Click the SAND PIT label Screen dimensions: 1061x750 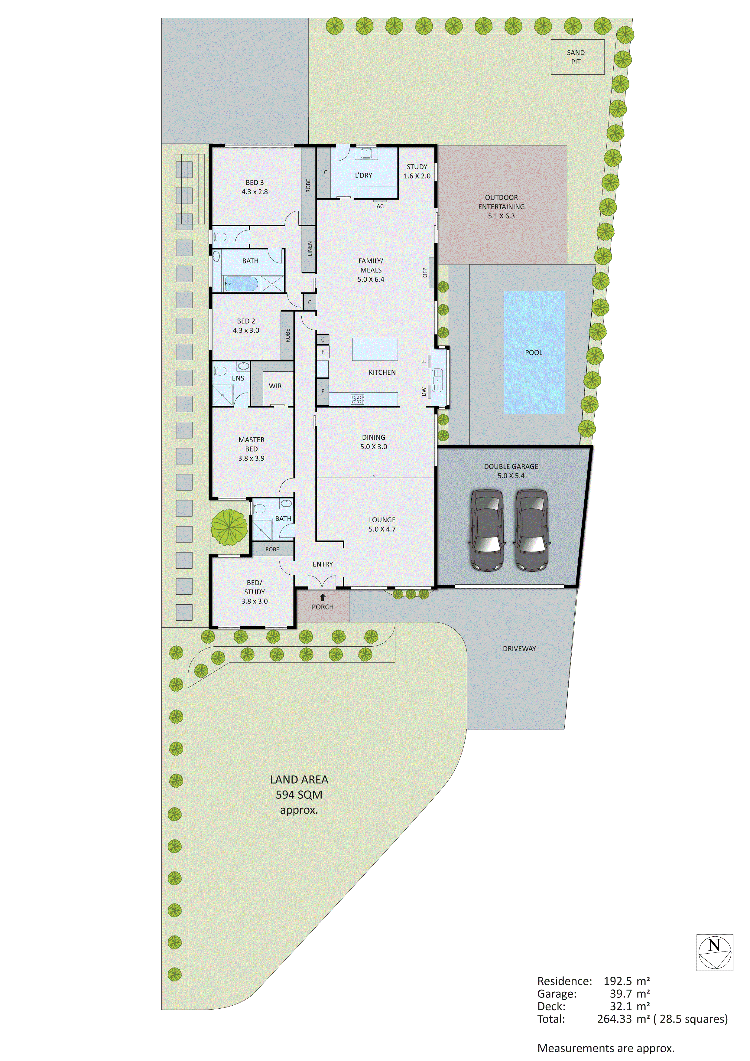click(576, 57)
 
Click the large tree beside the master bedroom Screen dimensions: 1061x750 click(229, 527)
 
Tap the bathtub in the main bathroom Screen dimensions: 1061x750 click(241, 283)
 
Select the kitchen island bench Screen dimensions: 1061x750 click(375, 349)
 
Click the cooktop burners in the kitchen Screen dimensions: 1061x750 click(357, 399)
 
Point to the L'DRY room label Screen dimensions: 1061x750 click(363, 175)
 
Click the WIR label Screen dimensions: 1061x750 click(275, 386)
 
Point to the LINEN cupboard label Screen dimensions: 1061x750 click(310, 249)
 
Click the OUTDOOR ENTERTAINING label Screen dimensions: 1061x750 click(501, 207)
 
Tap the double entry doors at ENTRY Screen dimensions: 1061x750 click(322, 582)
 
